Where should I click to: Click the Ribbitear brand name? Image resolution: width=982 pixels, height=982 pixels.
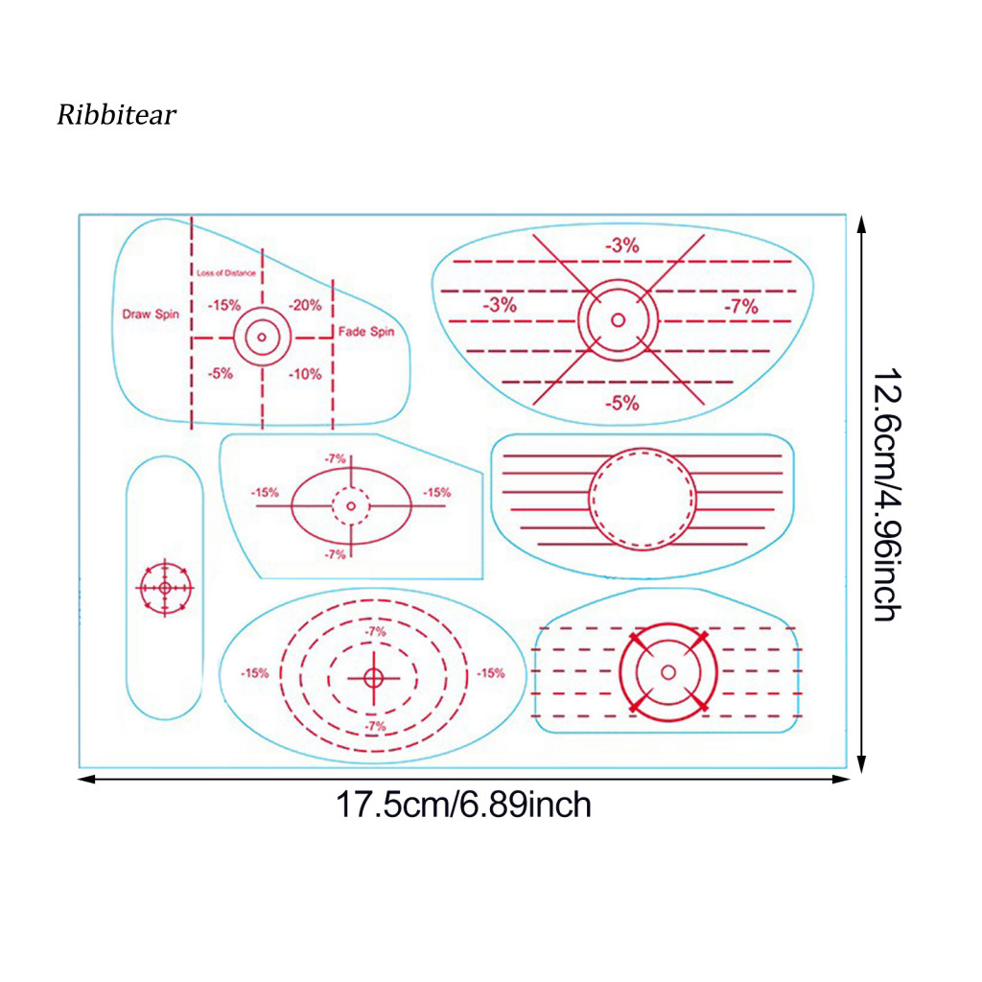coord(116,115)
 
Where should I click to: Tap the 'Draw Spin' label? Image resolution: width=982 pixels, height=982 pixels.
coord(151,314)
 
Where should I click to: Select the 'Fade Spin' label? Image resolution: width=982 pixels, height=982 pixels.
coord(366,331)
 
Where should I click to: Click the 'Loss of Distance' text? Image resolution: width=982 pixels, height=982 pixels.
coord(226,273)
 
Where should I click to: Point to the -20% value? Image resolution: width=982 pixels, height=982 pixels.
coord(305,305)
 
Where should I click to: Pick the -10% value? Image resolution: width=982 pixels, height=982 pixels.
coord(305,374)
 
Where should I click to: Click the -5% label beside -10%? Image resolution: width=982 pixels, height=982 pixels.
coord(221,373)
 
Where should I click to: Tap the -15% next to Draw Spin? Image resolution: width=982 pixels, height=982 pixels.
coord(224,305)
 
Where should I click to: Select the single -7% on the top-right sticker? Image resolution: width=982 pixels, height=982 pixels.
coord(741,306)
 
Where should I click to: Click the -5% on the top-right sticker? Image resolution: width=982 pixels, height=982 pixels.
coord(621,403)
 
